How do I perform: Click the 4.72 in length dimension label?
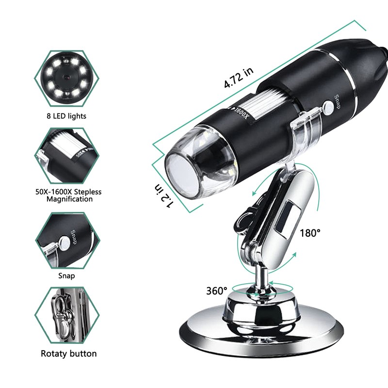[x=238, y=77]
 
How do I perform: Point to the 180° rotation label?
[x=310, y=233]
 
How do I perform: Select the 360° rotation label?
[x=216, y=291]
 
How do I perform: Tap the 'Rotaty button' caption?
[x=69, y=354]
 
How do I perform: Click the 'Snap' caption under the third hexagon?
[x=67, y=275]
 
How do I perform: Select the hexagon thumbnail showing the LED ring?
[x=67, y=79]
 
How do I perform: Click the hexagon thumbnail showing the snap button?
[x=67, y=239]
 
